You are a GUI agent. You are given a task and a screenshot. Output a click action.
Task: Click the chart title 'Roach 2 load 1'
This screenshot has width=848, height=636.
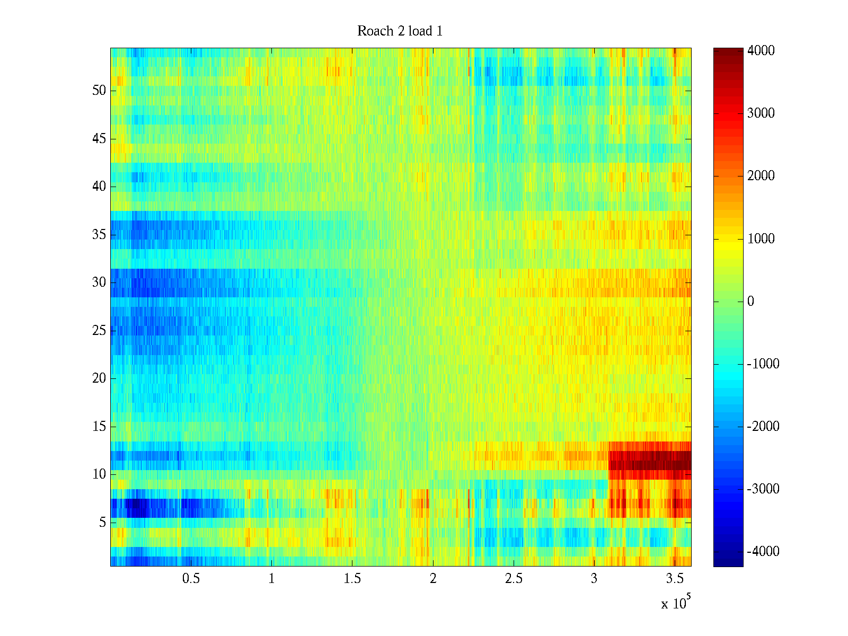pos(400,31)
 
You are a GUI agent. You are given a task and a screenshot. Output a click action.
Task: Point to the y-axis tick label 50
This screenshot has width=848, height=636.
pos(99,91)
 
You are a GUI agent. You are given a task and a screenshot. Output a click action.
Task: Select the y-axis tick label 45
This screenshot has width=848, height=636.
pos(99,139)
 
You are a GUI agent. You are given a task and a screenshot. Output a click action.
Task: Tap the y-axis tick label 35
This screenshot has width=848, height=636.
pos(99,235)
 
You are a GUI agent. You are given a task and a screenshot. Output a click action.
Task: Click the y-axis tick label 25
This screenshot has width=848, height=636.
pos(99,331)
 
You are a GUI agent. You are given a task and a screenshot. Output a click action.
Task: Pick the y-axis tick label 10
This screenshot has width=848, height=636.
pos(99,474)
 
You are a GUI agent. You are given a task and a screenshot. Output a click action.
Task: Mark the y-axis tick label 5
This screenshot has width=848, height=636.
pos(102,523)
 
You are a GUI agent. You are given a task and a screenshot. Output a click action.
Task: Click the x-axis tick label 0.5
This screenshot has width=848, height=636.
pos(191,579)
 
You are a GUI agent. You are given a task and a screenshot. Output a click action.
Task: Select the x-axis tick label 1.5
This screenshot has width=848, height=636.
pos(352,579)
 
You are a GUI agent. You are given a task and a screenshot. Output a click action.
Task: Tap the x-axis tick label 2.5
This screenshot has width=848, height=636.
pos(514,579)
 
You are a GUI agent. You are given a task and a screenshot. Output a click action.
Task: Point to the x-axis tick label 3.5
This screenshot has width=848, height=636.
pos(675,579)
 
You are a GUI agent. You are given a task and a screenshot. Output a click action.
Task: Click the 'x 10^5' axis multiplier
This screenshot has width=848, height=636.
pos(676,603)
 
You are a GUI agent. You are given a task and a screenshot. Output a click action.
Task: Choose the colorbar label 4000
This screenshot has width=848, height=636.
pos(761,51)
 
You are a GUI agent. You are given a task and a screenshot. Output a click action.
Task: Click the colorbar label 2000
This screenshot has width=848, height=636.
pos(761,176)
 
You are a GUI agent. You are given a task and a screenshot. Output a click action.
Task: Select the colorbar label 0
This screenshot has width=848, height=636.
pos(750,302)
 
